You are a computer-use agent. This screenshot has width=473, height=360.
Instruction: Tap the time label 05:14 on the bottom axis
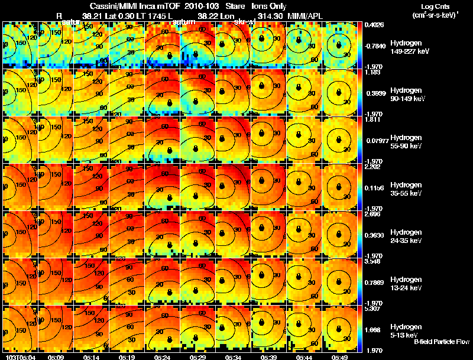click(x=92, y=358)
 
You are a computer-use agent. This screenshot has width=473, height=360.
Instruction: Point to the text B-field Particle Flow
click(x=442, y=342)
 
